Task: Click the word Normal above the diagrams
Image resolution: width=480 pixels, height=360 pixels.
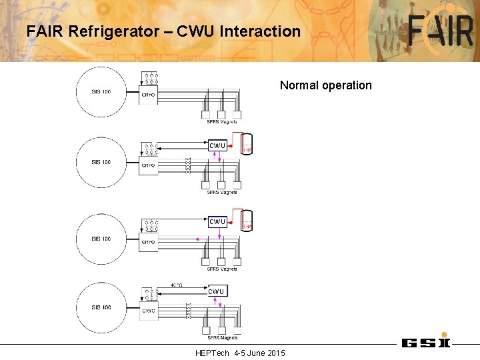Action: pyautogui.click(x=298, y=85)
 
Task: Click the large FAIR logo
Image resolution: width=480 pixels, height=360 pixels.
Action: pyautogui.click(x=441, y=31)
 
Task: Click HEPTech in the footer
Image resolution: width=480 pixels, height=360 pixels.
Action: pyautogui.click(x=212, y=353)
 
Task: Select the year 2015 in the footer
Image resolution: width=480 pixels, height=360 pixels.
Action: pyautogui.click(x=274, y=353)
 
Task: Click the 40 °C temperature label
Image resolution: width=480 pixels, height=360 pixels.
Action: pyautogui.click(x=177, y=285)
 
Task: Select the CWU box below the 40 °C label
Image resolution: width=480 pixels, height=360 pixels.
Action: pyautogui.click(x=217, y=291)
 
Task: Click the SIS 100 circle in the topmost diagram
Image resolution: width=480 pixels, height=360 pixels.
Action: pyautogui.click(x=101, y=91)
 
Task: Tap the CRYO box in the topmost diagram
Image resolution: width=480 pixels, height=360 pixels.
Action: pyautogui.click(x=149, y=95)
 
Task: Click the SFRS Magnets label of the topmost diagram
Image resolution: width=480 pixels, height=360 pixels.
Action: pyautogui.click(x=222, y=122)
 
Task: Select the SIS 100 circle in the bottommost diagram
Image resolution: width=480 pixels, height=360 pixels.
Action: pyautogui.click(x=101, y=307)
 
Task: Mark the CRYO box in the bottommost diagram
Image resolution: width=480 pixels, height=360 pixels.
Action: pyautogui.click(x=149, y=311)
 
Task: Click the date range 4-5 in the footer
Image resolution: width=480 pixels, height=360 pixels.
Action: pyautogui.click(x=239, y=353)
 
